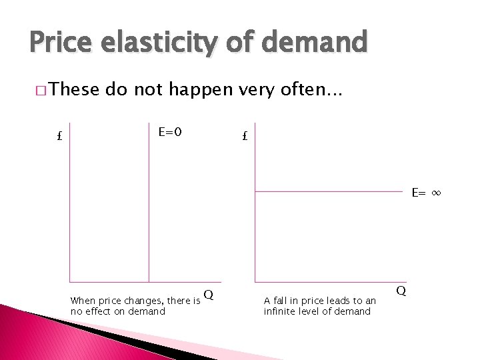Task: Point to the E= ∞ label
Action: click(x=427, y=193)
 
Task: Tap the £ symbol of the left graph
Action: click(x=59, y=137)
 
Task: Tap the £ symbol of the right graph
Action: click(x=245, y=137)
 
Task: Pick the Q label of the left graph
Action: click(x=209, y=295)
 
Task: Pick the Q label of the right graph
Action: click(x=401, y=291)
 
